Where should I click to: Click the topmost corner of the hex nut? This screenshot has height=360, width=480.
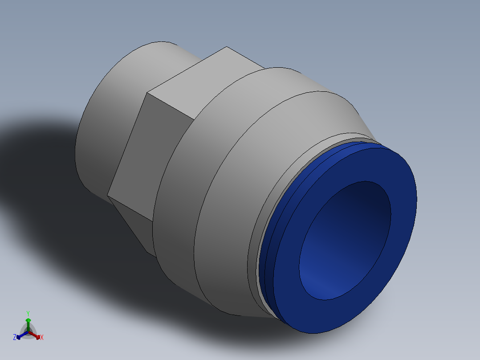tap(226, 47)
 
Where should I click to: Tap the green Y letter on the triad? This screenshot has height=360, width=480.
tap(28, 313)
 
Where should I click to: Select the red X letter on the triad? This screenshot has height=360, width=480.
tap(42, 338)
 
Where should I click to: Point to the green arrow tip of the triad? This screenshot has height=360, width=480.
tap(28, 320)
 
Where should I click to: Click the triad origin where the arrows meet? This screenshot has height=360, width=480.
tap(28, 331)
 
